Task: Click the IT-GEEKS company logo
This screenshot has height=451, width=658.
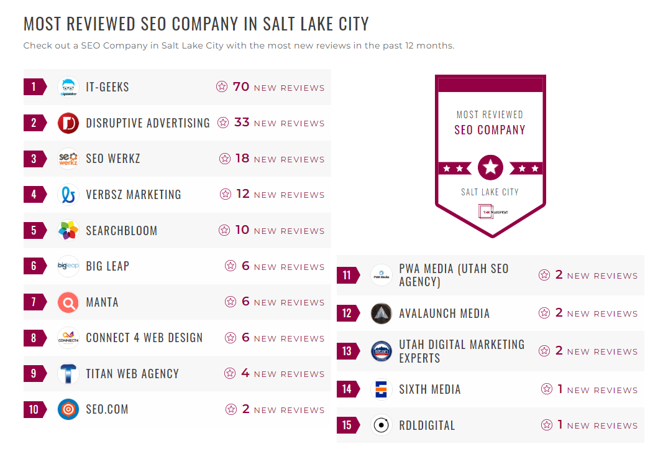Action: tap(68, 87)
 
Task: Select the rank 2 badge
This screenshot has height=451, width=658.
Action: tap(34, 123)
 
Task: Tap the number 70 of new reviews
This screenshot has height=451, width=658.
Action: tap(241, 86)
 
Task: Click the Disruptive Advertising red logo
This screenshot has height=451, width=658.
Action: tap(68, 123)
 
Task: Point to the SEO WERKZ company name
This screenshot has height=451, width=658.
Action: tap(113, 159)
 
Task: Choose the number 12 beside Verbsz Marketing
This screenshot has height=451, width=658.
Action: tap(243, 194)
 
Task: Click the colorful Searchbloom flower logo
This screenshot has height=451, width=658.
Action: tap(68, 231)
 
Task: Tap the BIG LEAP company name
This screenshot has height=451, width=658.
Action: tap(107, 266)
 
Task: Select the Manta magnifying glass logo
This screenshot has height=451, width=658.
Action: tap(68, 302)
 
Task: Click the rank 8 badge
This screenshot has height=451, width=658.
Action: tap(34, 338)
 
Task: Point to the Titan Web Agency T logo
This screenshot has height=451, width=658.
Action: tap(68, 374)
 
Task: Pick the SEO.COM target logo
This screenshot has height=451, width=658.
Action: tap(68, 409)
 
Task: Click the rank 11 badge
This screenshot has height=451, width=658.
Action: tap(347, 275)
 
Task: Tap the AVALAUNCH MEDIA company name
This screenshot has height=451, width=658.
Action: tap(444, 314)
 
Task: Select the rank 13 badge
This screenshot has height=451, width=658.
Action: tap(347, 351)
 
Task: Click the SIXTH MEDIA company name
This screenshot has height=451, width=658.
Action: tap(430, 389)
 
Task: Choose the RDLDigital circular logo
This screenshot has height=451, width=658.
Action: tap(382, 425)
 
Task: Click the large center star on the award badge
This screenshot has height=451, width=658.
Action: tap(491, 167)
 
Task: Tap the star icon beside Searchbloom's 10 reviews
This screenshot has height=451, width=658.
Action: tap(224, 230)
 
